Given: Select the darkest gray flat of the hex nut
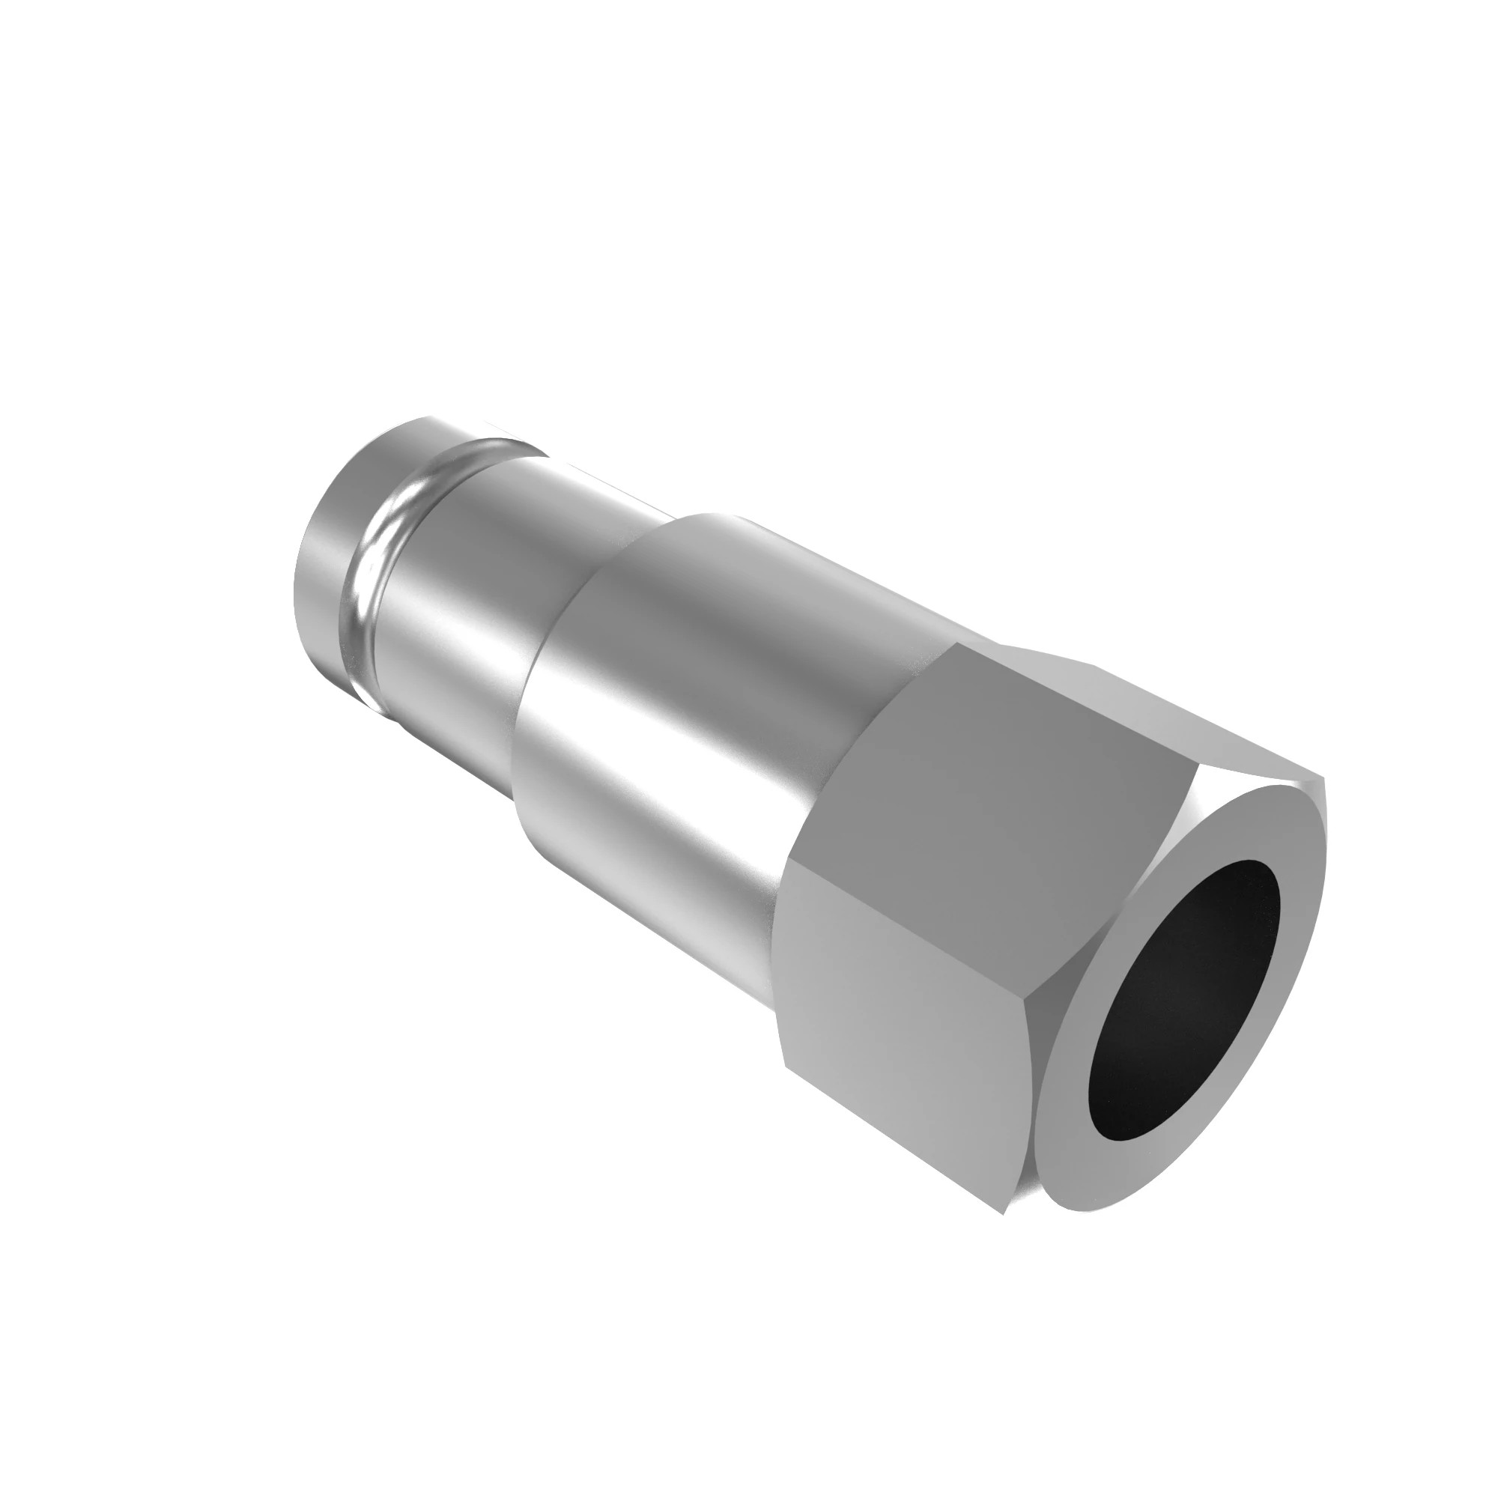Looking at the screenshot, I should click(977, 775).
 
